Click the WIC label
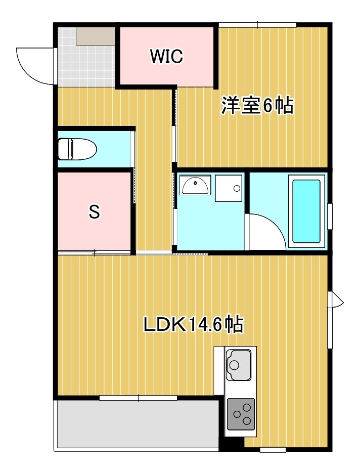click(166, 56)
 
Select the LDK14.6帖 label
click(194, 324)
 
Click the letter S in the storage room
click(94, 212)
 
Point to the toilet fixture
click(77, 149)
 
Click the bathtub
click(305, 211)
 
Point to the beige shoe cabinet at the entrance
click(96, 36)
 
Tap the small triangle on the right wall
click(337, 301)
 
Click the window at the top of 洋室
click(257, 24)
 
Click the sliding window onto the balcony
click(138, 398)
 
